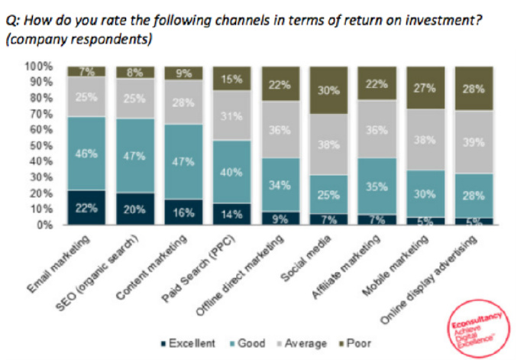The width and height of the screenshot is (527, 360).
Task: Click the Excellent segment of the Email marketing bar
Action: click(86, 207)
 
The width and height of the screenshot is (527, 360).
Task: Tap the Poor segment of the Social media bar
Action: click(329, 90)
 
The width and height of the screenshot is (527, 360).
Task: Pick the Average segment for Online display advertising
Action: click(474, 142)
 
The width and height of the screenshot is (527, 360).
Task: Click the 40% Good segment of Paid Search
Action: click(231, 171)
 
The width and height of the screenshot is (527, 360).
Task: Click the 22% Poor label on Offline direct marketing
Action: click(280, 84)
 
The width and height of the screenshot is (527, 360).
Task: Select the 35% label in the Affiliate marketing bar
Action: click(377, 186)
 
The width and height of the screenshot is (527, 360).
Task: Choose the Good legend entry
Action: click(249, 344)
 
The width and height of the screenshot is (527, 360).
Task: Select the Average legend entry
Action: click(302, 344)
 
